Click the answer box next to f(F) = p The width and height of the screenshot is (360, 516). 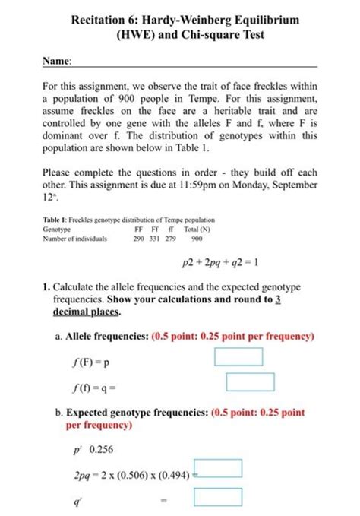coord(238,356)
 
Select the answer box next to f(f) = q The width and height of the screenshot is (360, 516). coord(250,382)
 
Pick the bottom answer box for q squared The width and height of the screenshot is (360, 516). coord(219,497)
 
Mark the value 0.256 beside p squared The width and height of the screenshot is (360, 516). coord(101,448)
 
